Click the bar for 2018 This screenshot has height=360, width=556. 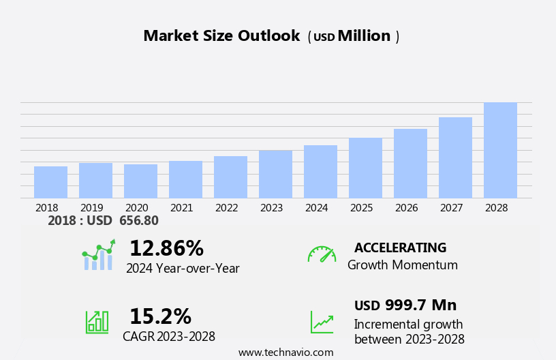coord(50,182)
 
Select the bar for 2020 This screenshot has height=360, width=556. coord(140,181)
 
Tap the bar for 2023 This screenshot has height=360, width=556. coord(275,175)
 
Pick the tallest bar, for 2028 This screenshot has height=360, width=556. coord(500,151)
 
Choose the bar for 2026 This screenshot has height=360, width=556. coord(410,164)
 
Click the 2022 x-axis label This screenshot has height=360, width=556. coord(230,207)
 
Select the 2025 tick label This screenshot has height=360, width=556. coord(365,207)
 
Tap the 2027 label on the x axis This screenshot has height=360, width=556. coord(455,207)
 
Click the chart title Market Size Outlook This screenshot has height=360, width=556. coord(221,36)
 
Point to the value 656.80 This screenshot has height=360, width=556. coord(138,221)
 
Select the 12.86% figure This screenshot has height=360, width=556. coord(166,248)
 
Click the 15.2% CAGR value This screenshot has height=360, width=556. coord(160,316)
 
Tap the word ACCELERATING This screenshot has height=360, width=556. coord(400,247)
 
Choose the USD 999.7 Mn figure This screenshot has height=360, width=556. coord(405,305)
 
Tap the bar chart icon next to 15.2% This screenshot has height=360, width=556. coord(97,321)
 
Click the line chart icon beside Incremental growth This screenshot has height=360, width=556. coord(322,322)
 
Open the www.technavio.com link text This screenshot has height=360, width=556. coord(285,352)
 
